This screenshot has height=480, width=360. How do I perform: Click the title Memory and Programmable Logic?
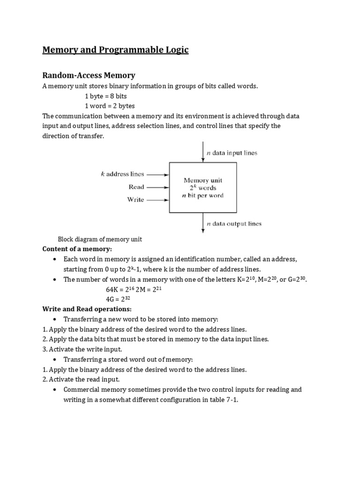(x=115, y=50)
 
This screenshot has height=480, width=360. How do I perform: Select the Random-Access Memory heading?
(x=89, y=75)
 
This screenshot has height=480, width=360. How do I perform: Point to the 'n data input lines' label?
(x=232, y=153)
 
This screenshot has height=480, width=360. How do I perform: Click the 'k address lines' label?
(x=123, y=174)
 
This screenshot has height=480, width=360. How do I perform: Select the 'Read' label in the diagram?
(x=136, y=187)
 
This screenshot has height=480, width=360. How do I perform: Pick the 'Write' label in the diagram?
(x=135, y=199)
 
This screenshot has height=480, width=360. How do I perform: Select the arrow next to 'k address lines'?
(x=158, y=174)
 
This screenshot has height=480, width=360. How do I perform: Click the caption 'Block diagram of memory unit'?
(x=99, y=239)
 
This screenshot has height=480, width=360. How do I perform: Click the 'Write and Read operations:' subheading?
(x=87, y=309)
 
